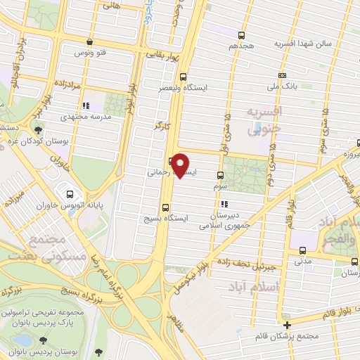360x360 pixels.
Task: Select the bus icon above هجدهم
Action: click(x=242, y=34)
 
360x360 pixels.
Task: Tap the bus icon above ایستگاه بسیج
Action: click(x=165, y=207)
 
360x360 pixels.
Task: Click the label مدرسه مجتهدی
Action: click(x=84, y=117)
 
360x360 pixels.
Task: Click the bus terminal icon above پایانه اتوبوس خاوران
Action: click(x=70, y=194)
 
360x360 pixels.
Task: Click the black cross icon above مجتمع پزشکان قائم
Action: click(x=287, y=324)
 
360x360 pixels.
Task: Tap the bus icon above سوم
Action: click(x=220, y=176)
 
